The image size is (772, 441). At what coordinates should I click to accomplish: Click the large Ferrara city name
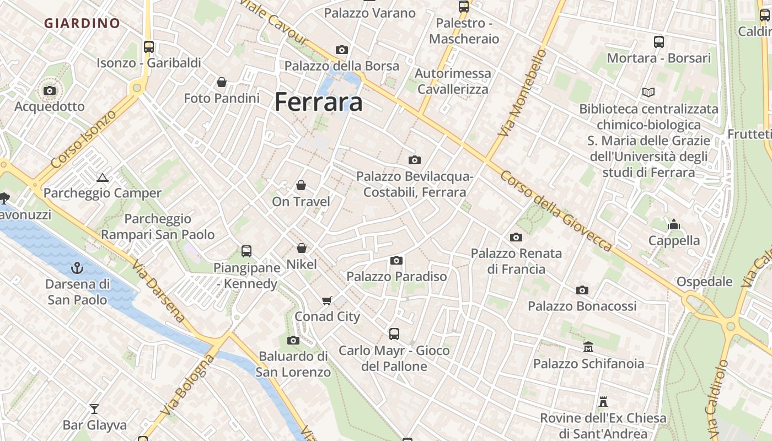point(318,103)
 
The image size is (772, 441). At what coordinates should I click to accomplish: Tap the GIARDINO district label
point(82,23)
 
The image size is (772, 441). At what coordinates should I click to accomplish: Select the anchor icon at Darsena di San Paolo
point(77,268)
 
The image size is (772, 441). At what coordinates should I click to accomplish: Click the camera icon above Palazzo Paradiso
point(396,260)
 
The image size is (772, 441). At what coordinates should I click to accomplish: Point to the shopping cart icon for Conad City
point(327,300)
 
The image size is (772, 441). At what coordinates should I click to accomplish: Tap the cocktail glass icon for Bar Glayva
point(94,408)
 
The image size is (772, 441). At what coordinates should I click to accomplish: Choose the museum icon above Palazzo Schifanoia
point(588,347)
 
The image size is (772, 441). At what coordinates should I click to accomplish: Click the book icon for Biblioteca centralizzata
point(648,92)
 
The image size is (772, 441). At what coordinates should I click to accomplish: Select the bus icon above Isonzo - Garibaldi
point(149,47)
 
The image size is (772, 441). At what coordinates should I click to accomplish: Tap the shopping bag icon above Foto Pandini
point(221,83)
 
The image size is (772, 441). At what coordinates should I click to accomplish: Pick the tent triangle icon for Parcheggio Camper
point(102,178)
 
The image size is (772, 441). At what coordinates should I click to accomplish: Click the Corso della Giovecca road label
point(556,211)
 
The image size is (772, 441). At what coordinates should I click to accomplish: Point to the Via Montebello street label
point(521,93)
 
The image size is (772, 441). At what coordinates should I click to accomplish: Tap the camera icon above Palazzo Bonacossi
point(582,290)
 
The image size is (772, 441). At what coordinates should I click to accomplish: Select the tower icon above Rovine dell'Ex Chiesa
point(603,402)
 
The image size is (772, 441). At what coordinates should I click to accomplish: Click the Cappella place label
point(674,240)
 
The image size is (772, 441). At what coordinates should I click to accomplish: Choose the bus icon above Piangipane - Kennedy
point(246,251)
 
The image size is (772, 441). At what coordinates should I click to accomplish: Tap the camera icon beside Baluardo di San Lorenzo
point(293,340)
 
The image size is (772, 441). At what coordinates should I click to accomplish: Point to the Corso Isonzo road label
point(84,139)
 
